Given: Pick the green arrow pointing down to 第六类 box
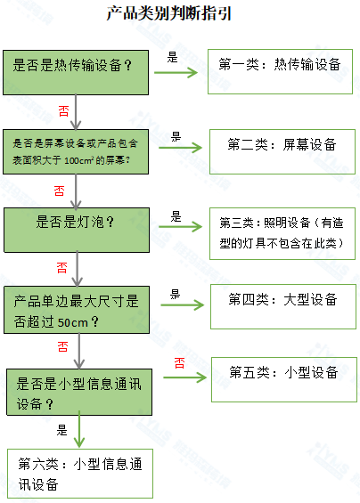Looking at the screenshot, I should (82, 432).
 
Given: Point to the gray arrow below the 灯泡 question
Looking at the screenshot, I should (79, 267).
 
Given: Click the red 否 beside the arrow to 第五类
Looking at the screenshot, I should (179, 362).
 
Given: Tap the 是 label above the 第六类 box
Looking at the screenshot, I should (62, 429).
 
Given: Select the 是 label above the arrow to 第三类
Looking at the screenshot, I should (176, 215).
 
